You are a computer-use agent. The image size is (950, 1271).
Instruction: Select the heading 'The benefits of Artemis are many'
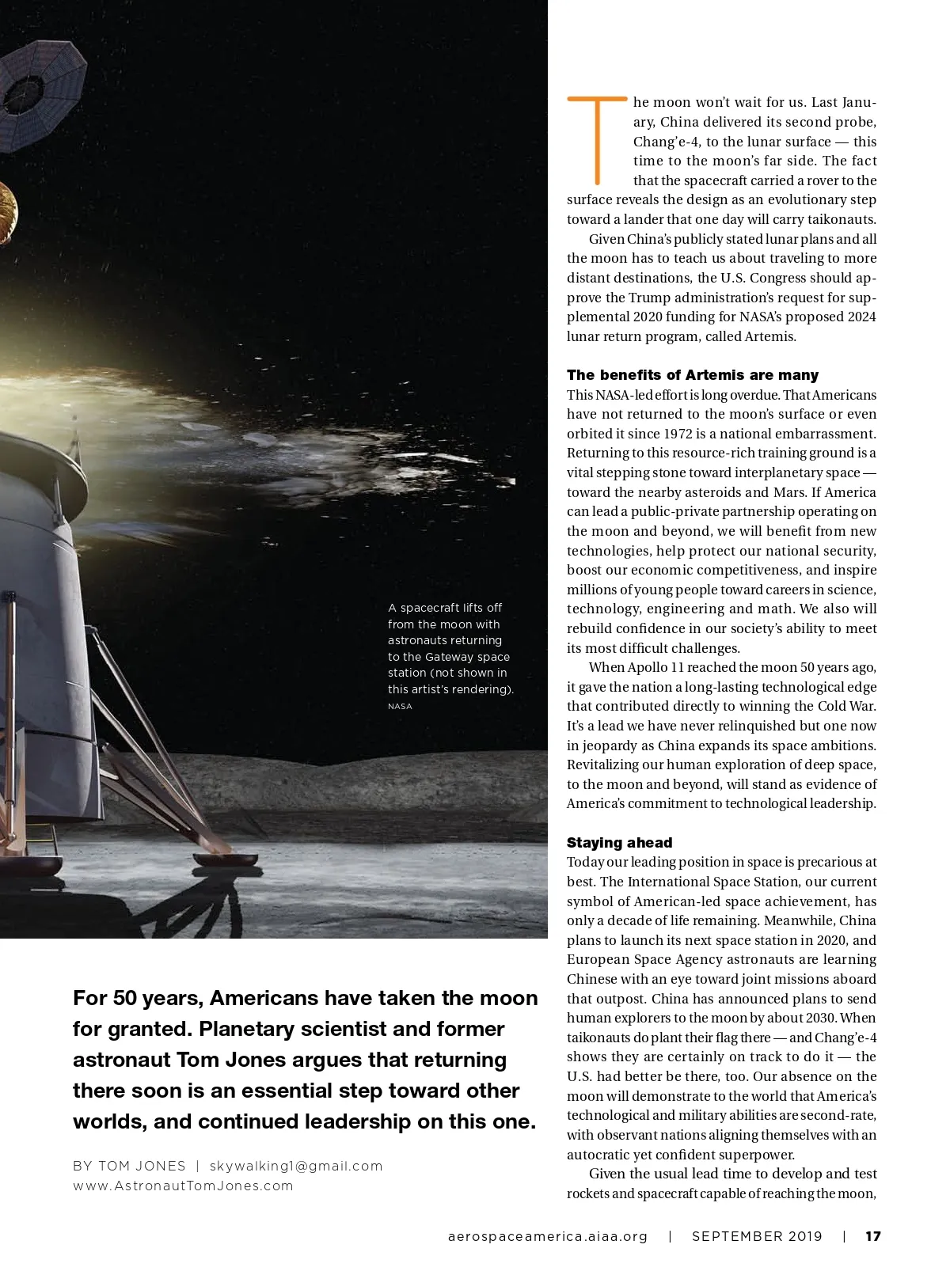click(x=692, y=375)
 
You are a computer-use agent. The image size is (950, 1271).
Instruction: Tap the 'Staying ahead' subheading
click(x=619, y=843)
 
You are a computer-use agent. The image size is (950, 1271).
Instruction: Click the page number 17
click(x=872, y=1236)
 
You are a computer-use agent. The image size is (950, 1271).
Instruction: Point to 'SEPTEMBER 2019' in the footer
click(x=757, y=1236)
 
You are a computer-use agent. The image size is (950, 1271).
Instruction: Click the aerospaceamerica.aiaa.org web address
click(x=548, y=1236)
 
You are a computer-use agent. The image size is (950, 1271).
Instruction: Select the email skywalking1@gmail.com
click(x=296, y=1166)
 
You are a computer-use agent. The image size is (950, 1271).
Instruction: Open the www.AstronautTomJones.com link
click(x=183, y=1186)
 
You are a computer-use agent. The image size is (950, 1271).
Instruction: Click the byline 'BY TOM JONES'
click(x=129, y=1166)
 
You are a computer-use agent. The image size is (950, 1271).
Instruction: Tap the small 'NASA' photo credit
click(x=400, y=706)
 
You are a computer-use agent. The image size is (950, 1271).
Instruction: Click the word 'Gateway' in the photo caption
click(x=449, y=657)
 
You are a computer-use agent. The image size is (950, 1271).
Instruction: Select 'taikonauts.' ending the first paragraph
click(x=842, y=219)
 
